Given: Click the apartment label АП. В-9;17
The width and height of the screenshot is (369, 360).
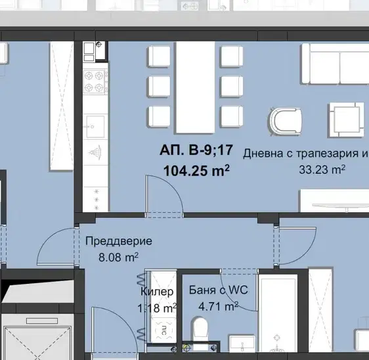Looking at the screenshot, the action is [196, 150].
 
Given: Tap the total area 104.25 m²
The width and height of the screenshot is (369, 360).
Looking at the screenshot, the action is [196, 170].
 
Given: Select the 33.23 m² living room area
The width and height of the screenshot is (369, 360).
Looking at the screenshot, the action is [322, 169].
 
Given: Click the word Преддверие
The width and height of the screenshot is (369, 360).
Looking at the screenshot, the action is [119, 241].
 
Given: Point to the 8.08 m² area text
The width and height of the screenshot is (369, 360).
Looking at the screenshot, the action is [118, 257].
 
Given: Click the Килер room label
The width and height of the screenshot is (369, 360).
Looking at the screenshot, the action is [157, 292].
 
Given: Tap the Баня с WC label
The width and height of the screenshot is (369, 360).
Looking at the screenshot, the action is [219, 290].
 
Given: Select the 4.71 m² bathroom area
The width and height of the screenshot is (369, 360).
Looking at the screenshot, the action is [219, 306].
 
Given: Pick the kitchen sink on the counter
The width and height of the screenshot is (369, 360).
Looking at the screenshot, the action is [95, 126].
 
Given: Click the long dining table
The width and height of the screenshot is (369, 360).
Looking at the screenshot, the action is [196, 87].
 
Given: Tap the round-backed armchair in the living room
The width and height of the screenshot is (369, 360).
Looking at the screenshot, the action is [286, 122].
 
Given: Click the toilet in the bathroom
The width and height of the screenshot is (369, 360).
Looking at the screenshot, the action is [200, 328].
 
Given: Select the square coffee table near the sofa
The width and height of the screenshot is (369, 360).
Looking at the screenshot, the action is [346, 120].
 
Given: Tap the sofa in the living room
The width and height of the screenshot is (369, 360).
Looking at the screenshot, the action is [336, 64].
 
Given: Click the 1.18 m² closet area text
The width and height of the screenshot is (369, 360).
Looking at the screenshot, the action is [157, 307].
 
